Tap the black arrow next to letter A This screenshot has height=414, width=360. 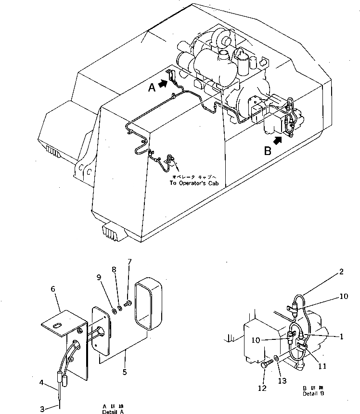(163, 84)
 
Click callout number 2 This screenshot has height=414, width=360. (341, 272)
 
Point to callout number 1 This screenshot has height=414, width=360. (341, 337)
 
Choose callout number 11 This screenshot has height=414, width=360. (322, 366)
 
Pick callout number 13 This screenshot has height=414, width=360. (282, 381)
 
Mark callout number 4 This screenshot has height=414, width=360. (42, 383)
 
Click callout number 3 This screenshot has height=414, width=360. (42, 409)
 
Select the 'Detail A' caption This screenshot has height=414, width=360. (112, 412)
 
